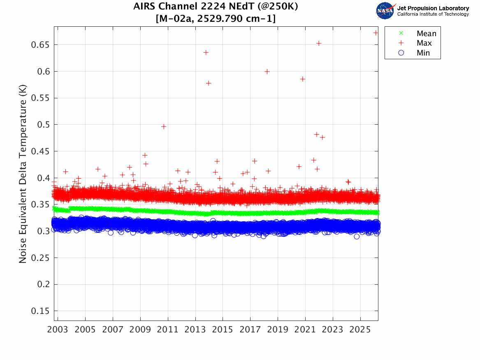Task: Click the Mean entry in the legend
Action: coord(426,34)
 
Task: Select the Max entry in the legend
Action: coord(424,43)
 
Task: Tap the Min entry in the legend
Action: coord(423,53)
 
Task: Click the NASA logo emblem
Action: coord(385,11)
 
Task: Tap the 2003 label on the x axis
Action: coord(58,330)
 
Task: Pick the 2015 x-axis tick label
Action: coord(223,330)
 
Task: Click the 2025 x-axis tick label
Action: coord(360,330)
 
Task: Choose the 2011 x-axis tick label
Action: coord(168,330)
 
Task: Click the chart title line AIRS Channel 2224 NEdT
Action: coord(216,7)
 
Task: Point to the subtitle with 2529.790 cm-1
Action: coord(216,19)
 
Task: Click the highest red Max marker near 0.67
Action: coord(376,33)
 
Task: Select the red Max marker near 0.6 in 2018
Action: coord(267,72)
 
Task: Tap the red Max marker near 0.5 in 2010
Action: coord(164,126)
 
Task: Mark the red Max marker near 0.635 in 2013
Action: coord(206,52)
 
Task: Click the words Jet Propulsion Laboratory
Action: coord(433,8)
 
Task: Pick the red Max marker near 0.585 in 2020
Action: coord(302,79)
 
